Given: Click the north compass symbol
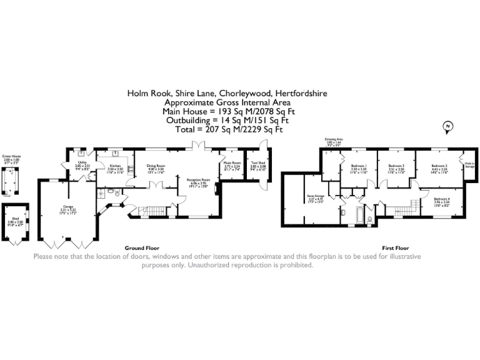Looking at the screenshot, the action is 447,129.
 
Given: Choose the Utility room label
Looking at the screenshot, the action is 81,163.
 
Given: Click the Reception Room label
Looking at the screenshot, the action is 197,179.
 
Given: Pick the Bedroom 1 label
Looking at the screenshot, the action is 358,166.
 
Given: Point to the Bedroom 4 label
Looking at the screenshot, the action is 442,199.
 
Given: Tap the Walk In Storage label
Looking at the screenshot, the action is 469,164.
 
